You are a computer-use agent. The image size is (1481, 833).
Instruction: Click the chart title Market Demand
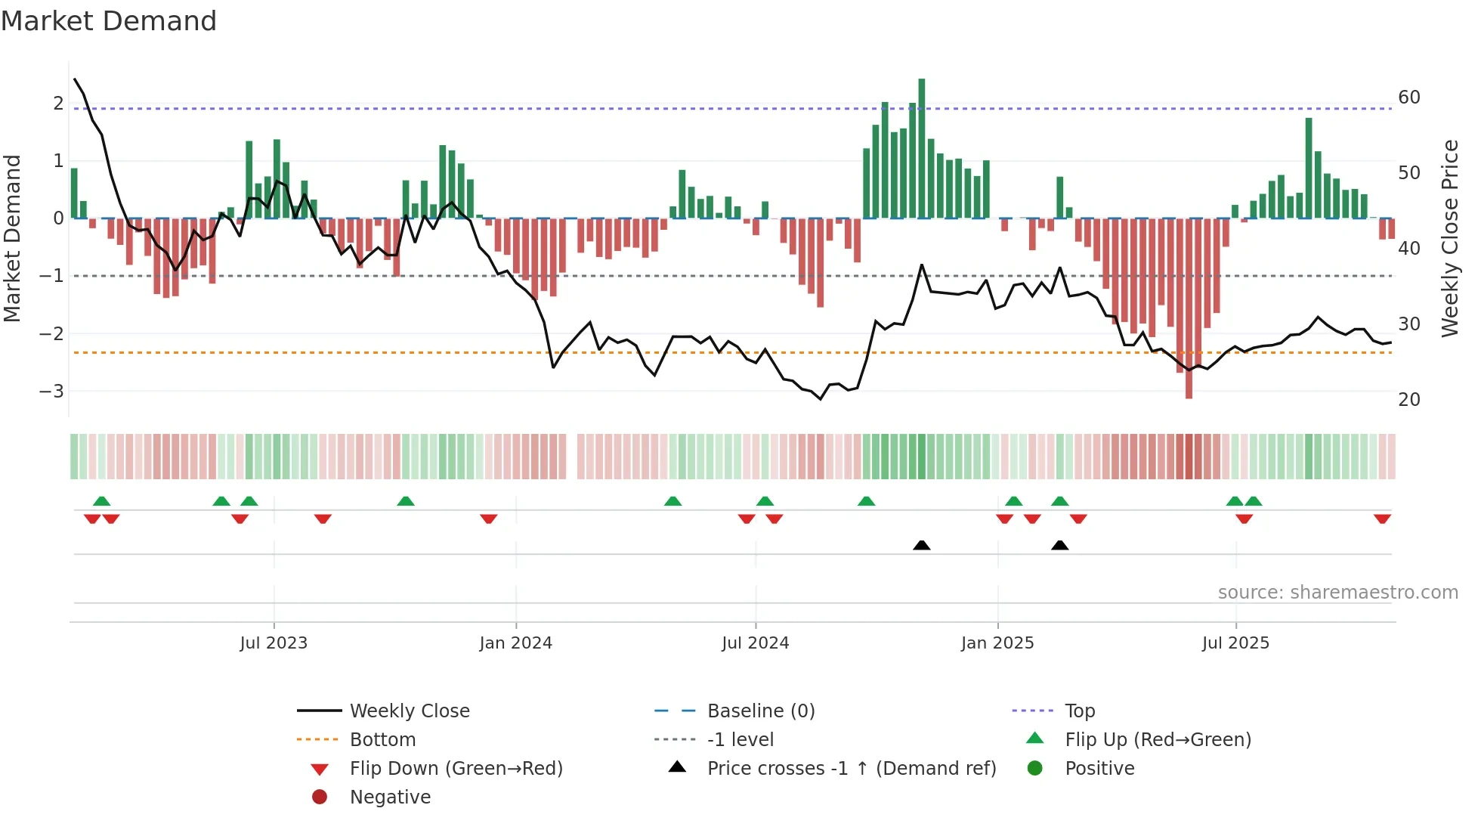[x=109, y=21]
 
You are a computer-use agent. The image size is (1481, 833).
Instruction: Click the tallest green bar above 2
[x=921, y=148]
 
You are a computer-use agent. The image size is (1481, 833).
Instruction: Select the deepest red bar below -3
[x=1189, y=308]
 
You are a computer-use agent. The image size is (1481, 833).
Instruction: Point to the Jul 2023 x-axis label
[x=274, y=643]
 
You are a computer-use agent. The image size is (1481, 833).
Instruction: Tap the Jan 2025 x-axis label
[x=997, y=643]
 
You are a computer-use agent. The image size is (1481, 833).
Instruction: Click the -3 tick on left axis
[x=51, y=392]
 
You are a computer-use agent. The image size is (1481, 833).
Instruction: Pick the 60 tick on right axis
[x=1409, y=98]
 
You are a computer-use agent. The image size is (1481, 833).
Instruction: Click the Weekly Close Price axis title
[x=1449, y=238]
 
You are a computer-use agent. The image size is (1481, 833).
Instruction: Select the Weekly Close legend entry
[x=410, y=711]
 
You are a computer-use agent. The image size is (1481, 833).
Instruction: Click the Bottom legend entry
[x=382, y=740]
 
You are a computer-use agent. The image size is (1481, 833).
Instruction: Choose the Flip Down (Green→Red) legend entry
[x=456, y=769]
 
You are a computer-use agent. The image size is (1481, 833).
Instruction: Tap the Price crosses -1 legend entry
[x=852, y=769]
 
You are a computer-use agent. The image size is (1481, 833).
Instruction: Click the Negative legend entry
[x=390, y=797]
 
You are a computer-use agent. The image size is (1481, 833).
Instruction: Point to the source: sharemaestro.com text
[x=1337, y=593]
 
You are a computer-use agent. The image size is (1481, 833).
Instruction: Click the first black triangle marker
[x=921, y=545]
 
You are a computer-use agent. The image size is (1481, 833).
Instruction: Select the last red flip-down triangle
[x=1382, y=519]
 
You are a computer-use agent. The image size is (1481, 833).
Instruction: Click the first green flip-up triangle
[x=101, y=501]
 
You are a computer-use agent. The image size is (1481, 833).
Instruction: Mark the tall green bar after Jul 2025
[x=1309, y=168]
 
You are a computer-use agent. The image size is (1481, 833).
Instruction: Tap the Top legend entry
[x=1080, y=711]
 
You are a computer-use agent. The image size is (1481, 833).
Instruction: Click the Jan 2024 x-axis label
[x=515, y=643]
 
